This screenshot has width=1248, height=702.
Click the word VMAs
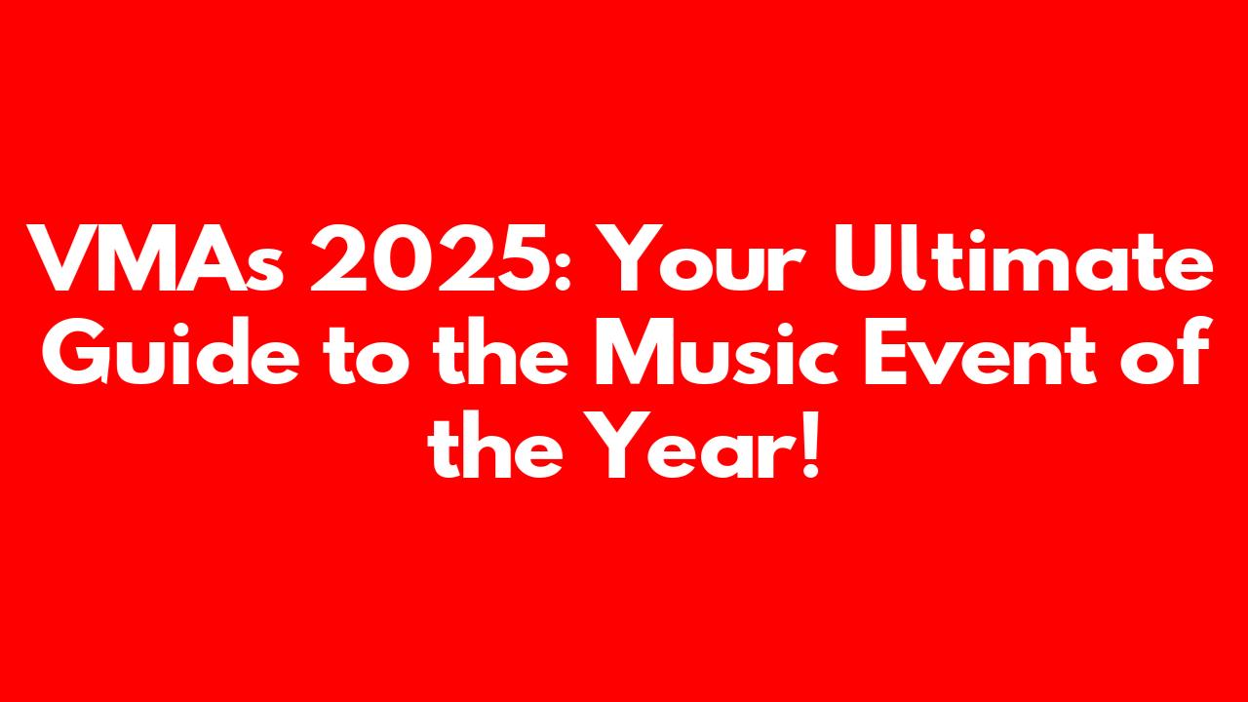pyautogui.click(x=155, y=258)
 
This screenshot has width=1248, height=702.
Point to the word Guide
pyautogui.click(x=171, y=350)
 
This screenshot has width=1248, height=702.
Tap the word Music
pyautogui.click(x=717, y=350)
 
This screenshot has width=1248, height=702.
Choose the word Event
pyautogui.click(x=980, y=351)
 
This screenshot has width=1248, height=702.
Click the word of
pyautogui.click(x=1165, y=349)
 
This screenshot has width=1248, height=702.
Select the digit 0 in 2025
pyautogui.click(x=401, y=258)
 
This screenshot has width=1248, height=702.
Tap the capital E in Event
pyautogui.click(x=886, y=351)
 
